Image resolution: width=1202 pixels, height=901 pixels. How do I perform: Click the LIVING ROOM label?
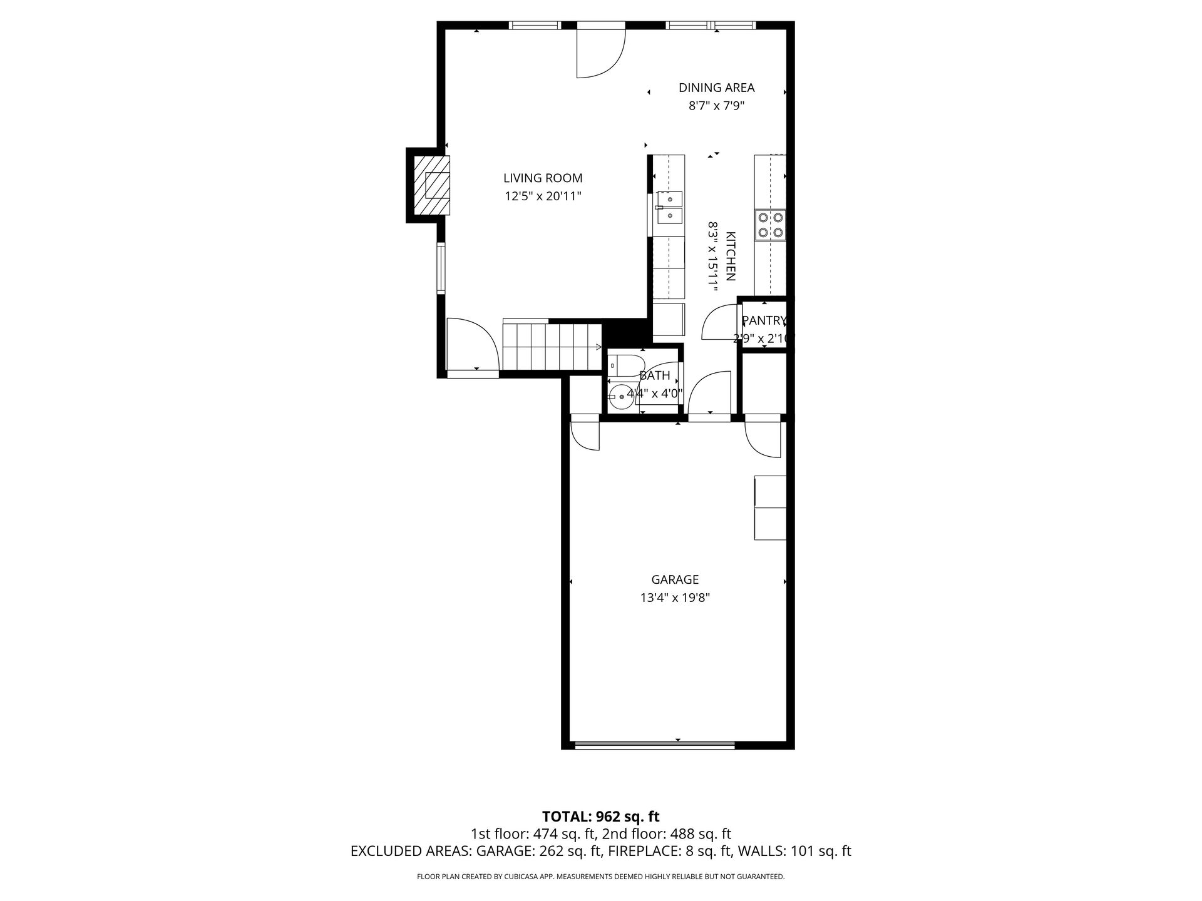point(543,178)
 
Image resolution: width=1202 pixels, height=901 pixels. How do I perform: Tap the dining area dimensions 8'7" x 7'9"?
point(716,106)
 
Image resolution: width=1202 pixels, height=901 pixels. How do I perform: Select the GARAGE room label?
point(675,579)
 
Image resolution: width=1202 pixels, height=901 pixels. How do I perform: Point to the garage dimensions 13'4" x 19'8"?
point(675,598)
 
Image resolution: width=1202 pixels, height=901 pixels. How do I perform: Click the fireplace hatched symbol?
point(431,185)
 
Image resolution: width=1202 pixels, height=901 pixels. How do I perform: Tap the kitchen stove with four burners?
point(770,225)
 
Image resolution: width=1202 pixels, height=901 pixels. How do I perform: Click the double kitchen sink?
point(669,208)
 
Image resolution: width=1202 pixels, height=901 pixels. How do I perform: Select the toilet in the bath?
point(625,364)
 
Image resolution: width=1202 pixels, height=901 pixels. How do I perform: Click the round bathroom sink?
point(620,395)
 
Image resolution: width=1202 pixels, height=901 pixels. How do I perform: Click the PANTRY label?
point(764,320)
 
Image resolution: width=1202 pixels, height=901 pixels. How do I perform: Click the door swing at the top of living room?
point(601,53)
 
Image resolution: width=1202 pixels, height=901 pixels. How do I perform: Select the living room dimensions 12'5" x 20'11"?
point(543,196)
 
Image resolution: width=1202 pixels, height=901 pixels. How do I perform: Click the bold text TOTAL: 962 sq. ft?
point(600,816)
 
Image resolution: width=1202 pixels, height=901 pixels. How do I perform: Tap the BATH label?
point(655,375)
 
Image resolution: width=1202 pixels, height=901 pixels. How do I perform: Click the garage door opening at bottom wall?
point(655,745)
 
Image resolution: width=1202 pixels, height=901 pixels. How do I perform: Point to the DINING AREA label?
point(716,88)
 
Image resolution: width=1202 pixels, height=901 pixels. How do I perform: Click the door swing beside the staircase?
point(472,344)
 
